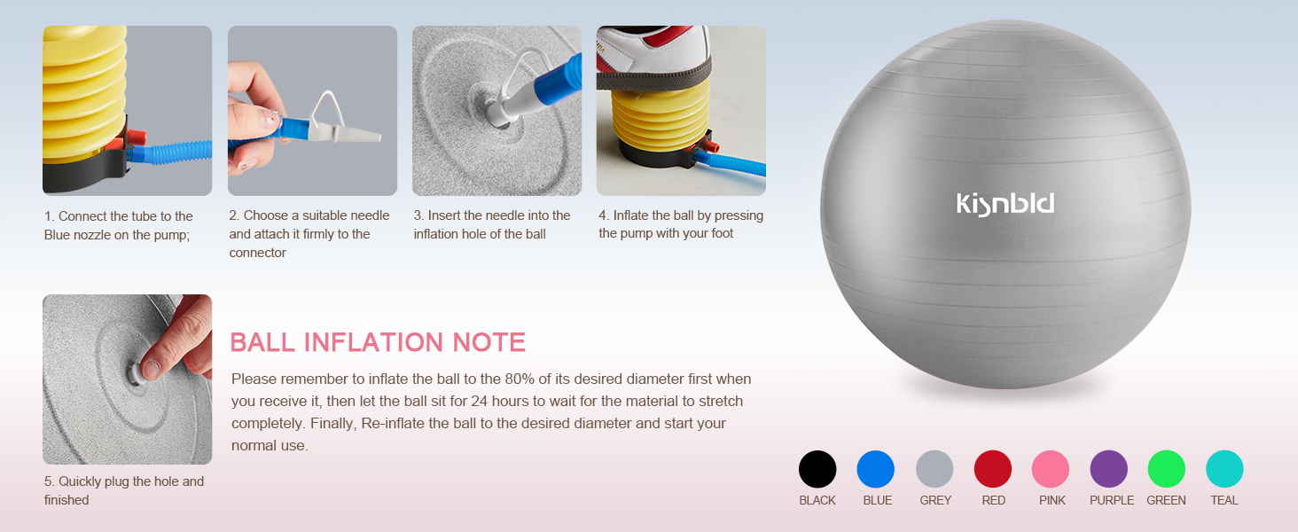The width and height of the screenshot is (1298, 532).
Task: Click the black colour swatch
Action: pos(817,469)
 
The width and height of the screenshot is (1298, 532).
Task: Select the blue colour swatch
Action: pos(876,469)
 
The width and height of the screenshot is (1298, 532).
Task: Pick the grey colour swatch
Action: pos(934,469)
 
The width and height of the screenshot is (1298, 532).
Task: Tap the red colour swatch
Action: pos(993,469)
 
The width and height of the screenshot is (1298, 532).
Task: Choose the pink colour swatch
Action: pos(1051,469)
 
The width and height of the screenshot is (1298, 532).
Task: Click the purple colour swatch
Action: pos(1108,469)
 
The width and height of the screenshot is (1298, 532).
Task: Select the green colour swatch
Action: pos(1167,469)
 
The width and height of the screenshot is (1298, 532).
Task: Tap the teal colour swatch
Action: pos(1224,469)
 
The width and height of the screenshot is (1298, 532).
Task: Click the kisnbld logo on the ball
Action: pos(1005,204)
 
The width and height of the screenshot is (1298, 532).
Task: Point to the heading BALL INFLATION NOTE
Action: pos(378,342)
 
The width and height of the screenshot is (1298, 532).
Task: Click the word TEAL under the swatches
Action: pos(1224,500)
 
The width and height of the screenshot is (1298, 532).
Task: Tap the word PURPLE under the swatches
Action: pos(1112,500)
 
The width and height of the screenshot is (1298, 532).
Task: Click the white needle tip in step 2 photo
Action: pos(364,137)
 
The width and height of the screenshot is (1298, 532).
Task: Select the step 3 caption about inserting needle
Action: pos(492,224)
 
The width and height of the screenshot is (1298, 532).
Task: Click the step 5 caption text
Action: pos(124,490)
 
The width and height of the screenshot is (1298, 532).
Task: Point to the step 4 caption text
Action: pos(681,224)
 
